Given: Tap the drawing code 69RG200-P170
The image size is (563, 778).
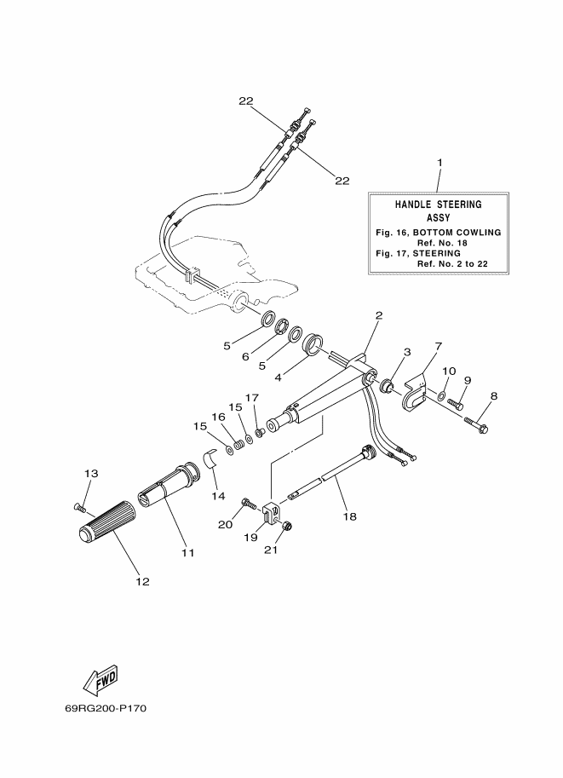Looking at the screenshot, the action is [106, 708].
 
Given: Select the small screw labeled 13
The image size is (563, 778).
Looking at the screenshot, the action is [80, 507].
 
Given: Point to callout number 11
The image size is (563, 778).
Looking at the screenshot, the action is [188, 552].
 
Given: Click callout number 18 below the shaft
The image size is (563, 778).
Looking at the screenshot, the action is [350, 516].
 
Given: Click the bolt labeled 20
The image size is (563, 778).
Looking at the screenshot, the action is [249, 504].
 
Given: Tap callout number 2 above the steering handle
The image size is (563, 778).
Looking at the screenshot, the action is [379, 314].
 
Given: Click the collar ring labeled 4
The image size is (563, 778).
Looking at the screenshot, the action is [313, 343].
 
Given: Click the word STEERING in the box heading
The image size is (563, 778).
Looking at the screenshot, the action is [459, 205].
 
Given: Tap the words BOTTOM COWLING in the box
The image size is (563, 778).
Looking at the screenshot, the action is [457, 233].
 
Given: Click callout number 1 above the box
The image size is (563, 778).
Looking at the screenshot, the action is [439, 162].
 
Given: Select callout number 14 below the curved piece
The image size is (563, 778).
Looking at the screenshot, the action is [218, 496].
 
